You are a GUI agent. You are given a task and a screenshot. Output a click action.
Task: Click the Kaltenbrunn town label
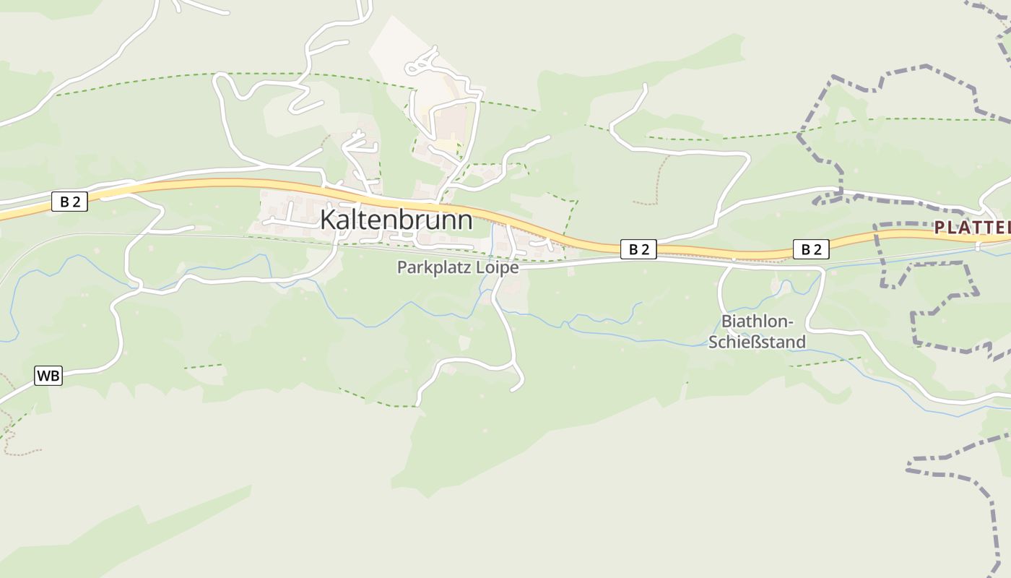pos(396,220)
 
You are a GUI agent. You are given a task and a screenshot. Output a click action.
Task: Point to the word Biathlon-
pos(758,322)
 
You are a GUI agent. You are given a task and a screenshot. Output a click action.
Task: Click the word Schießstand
pos(757,342)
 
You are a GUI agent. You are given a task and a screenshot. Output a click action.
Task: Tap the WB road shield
pos(48,376)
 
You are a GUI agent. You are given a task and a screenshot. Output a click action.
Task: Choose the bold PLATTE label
pos(972,228)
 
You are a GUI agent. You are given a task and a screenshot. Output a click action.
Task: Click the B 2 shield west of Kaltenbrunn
pos(69,202)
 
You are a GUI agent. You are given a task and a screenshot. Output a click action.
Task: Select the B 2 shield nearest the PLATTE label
pos(811,249)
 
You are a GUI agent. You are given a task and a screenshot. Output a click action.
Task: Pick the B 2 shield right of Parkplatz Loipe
pos(638,249)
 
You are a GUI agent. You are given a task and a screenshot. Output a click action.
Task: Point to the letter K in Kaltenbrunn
pos(328,220)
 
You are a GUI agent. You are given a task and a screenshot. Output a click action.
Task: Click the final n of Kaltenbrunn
pos(465,220)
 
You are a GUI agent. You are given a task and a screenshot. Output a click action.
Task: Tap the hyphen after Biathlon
pos(791,322)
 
